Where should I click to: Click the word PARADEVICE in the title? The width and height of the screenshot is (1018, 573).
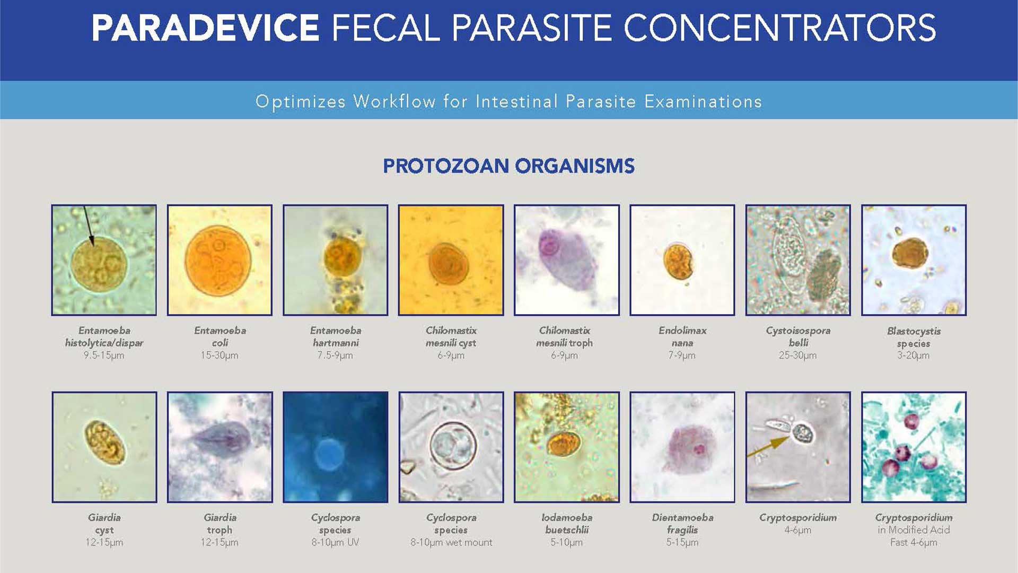pos(205,28)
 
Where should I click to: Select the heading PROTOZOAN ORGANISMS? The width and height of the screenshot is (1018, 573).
pos(508,166)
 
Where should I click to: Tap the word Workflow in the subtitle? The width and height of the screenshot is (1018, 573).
pos(394,101)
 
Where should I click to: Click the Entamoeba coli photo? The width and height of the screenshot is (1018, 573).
pos(220,260)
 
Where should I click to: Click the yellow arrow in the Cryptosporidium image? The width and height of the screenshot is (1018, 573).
pos(768,446)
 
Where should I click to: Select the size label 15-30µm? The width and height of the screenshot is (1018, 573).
pos(220,355)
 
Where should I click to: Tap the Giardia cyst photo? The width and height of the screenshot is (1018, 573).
pos(104,447)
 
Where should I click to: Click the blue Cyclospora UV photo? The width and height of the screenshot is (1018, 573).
pos(335,447)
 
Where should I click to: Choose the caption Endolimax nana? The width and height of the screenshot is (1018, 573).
pos(682,337)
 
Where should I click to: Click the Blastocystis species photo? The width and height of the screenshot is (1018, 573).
pos(914,260)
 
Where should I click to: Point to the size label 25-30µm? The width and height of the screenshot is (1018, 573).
pos(797,355)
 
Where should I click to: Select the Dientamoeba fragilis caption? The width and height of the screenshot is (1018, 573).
pos(682,524)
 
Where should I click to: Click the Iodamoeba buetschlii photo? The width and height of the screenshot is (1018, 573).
pos(566,447)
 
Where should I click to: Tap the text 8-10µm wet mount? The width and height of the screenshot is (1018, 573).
pos(451,542)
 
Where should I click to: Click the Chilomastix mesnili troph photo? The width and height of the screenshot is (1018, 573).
pos(566,260)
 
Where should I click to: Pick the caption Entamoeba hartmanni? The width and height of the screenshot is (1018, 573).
pos(335,337)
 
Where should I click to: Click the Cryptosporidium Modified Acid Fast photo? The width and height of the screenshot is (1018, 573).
pos(914,447)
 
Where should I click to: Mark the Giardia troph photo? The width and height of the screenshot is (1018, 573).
pos(220,447)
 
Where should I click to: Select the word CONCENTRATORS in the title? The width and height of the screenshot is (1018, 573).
pos(779,28)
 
